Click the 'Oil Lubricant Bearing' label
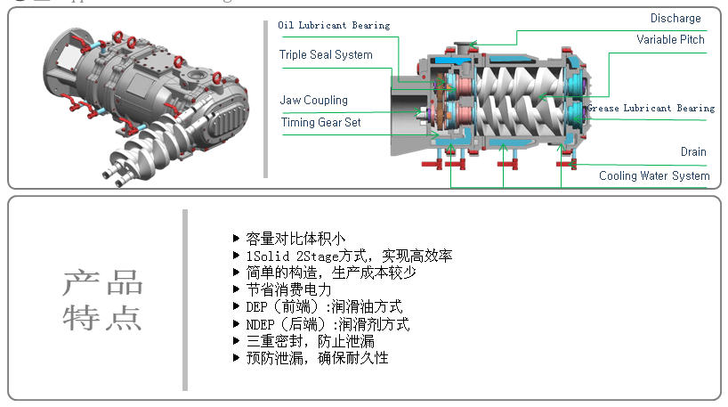click(334, 26)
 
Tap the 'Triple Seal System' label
click(326, 55)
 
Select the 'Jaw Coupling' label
click(313, 101)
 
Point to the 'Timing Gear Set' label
click(320, 123)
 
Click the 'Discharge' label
click(675, 18)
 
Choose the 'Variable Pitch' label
click(670, 40)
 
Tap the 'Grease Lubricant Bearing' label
click(651, 109)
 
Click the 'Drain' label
click(693, 152)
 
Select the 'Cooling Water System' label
click(654, 175)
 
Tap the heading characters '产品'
click(102, 284)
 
